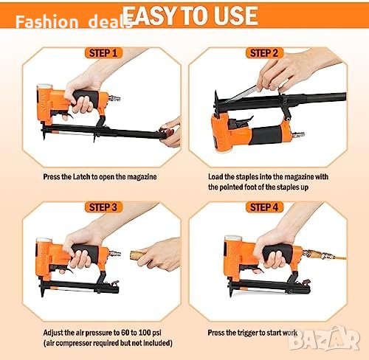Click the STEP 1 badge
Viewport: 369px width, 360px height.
pyautogui.click(x=103, y=53)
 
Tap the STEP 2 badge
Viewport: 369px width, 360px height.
pyautogui.click(x=264, y=53)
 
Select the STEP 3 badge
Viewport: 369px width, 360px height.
pyautogui.click(x=103, y=207)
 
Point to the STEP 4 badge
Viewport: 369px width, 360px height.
pyautogui.click(x=264, y=207)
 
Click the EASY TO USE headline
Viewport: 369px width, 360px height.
pyautogui.click(x=190, y=15)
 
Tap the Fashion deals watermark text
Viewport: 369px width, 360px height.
pyautogui.click(x=73, y=21)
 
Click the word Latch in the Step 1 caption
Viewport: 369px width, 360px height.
pyautogui.click(x=82, y=177)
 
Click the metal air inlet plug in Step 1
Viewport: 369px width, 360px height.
pyautogui.click(x=114, y=98)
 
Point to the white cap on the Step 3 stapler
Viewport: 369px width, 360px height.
pyautogui.click(x=44, y=240)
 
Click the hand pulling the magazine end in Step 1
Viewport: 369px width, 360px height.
pyautogui.click(x=170, y=133)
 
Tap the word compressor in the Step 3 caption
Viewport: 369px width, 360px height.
pyautogui.click(x=74, y=343)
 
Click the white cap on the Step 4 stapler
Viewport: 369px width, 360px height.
pyautogui.click(x=233, y=238)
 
